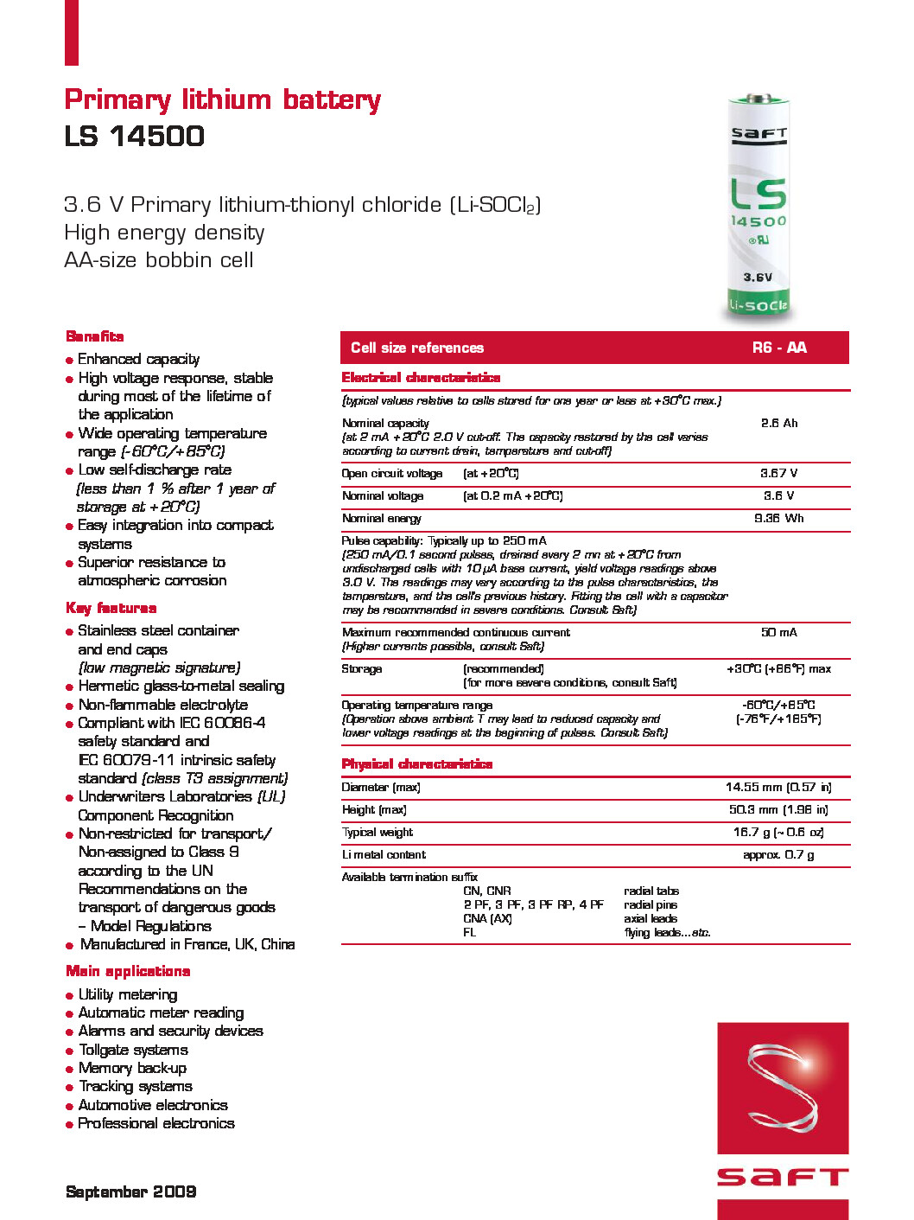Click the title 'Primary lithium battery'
click(x=222, y=100)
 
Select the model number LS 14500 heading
click(x=134, y=137)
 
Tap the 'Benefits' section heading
click(x=95, y=336)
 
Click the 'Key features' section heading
click(x=111, y=609)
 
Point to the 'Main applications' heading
click(x=128, y=971)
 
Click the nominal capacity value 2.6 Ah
click(x=778, y=423)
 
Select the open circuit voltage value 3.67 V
click(x=778, y=473)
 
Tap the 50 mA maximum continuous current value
click(x=778, y=632)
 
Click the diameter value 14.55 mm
click(x=778, y=787)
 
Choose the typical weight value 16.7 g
click(x=778, y=832)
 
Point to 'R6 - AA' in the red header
click(x=778, y=348)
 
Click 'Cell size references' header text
click(x=417, y=348)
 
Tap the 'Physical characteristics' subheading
click(x=416, y=764)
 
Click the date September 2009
click(x=130, y=1191)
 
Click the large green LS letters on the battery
click(x=758, y=194)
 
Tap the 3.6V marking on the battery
click(x=758, y=278)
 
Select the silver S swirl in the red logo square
click(x=782, y=1087)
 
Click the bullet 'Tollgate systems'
click(x=133, y=1050)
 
